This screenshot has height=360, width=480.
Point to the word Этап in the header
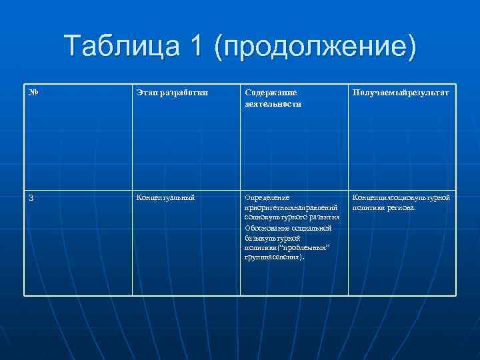coord(147,93)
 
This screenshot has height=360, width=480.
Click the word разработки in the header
coord(183,93)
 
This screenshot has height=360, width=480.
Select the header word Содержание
coord(271,93)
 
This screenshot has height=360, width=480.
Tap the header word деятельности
coord(273,103)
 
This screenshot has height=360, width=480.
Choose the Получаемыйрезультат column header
coord(400,93)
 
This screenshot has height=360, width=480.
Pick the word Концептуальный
coord(165,197)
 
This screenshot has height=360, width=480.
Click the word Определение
coord(267,197)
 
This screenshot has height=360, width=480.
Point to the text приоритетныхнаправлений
coord(288,207)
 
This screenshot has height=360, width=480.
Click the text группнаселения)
coord(274,257)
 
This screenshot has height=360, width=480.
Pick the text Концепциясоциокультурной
coord(401,197)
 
